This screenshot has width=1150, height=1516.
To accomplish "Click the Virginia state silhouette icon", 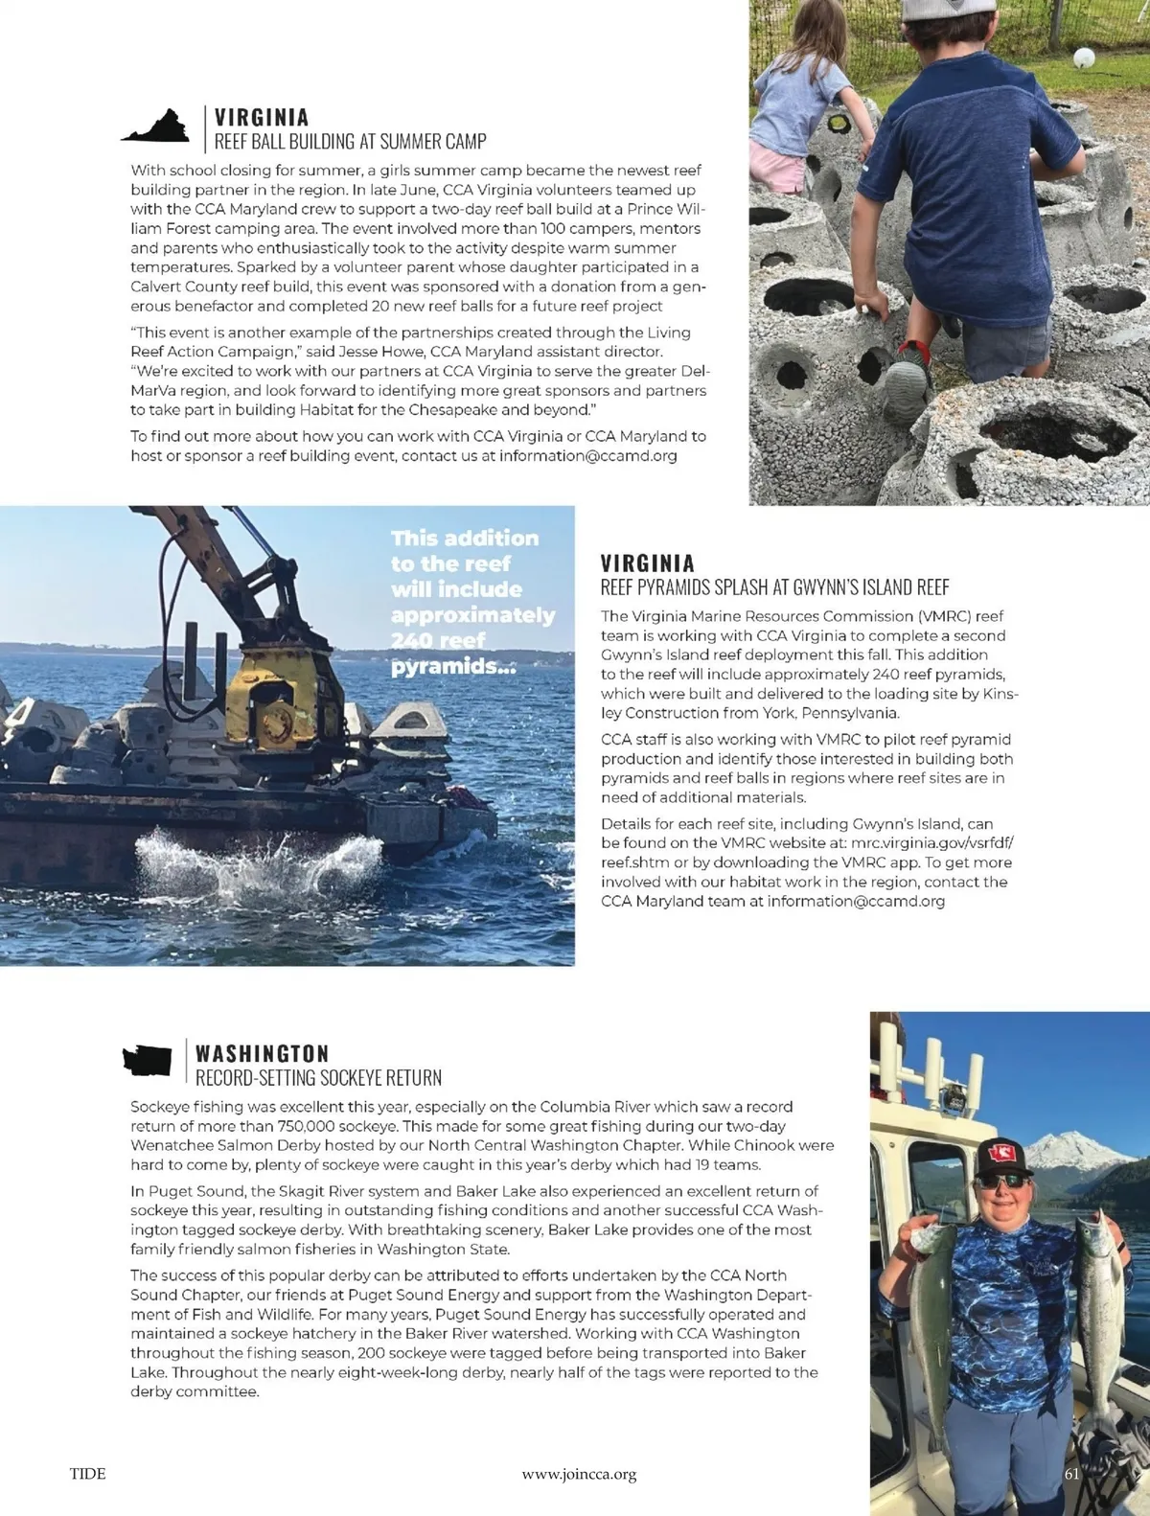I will tap(155, 126).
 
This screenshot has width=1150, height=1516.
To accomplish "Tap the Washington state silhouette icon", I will tap(147, 1061).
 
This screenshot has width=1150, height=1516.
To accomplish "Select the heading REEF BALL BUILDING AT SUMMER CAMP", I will tap(350, 142).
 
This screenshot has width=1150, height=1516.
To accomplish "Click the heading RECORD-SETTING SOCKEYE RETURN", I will tap(318, 1078).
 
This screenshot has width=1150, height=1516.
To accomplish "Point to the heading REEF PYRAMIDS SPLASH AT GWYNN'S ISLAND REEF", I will tap(774, 587).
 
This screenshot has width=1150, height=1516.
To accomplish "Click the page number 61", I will tap(1071, 1474).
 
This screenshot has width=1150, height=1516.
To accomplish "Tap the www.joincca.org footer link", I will tap(579, 1474).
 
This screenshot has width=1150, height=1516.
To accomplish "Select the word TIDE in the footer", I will tap(87, 1473).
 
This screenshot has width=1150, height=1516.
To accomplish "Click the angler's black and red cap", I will tap(1002, 1156).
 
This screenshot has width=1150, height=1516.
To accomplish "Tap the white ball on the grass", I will tap(1083, 57).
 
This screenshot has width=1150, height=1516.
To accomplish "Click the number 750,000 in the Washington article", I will tap(307, 1126).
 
